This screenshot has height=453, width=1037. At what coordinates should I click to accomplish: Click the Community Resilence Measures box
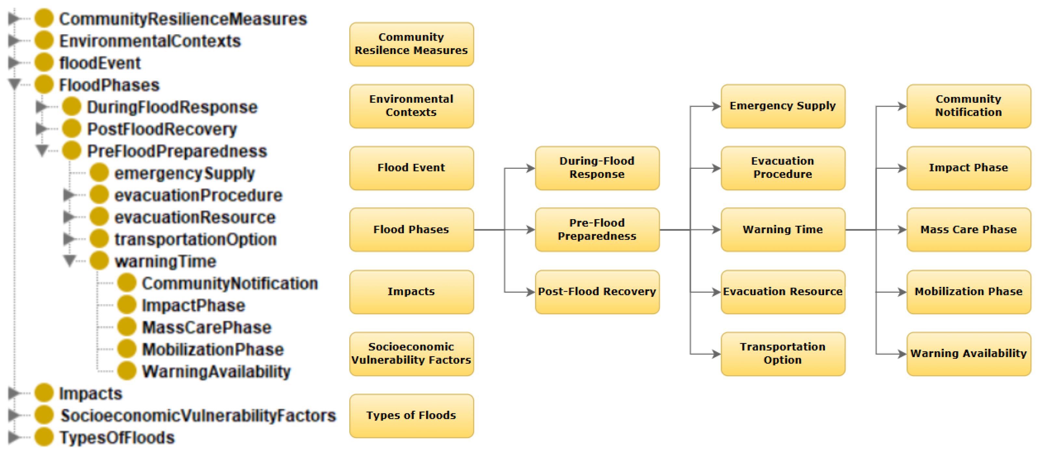point(411,44)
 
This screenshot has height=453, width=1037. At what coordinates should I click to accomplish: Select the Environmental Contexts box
point(411,106)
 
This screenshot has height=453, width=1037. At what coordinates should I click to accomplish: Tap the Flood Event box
point(411,168)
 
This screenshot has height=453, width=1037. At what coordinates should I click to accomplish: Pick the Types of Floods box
point(411,416)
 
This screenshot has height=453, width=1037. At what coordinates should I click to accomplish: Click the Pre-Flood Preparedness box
point(597,230)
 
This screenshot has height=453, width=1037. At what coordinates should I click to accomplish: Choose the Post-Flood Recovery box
point(597,291)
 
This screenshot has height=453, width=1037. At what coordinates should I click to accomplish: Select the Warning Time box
point(783,230)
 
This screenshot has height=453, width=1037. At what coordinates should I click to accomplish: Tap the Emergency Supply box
point(783,106)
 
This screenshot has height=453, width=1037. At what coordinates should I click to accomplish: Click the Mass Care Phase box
point(968,230)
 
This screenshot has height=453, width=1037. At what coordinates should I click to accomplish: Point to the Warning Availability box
point(968,353)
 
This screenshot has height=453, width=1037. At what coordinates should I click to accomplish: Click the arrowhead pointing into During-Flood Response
point(530,168)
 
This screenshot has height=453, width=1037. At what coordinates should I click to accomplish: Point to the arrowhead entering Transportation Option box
point(716,354)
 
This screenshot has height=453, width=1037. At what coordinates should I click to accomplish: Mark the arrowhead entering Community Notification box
point(902,106)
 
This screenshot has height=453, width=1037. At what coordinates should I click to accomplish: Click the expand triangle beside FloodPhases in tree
point(15,84)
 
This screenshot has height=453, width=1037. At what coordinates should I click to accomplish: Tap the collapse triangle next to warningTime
point(70,260)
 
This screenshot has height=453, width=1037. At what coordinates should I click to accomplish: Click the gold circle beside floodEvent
point(44,63)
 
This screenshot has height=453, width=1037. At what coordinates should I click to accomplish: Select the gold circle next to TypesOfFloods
point(44,437)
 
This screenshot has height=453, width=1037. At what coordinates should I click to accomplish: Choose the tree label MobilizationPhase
point(213,350)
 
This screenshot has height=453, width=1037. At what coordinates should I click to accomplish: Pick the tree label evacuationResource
point(195,218)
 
